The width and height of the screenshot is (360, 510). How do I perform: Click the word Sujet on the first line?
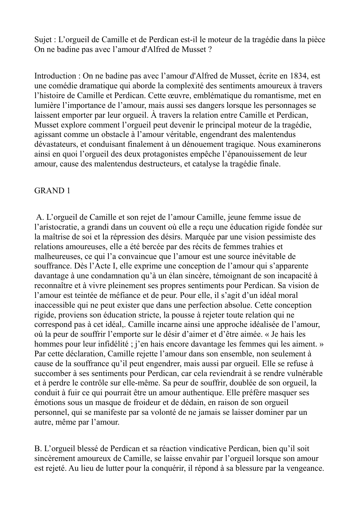(43, 40)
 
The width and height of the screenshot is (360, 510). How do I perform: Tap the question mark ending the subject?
(210, 49)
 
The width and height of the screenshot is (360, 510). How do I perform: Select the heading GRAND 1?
(52, 191)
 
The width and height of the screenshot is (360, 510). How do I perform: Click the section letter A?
(40, 218)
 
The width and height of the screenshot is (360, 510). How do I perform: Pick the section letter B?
(37, 449)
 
